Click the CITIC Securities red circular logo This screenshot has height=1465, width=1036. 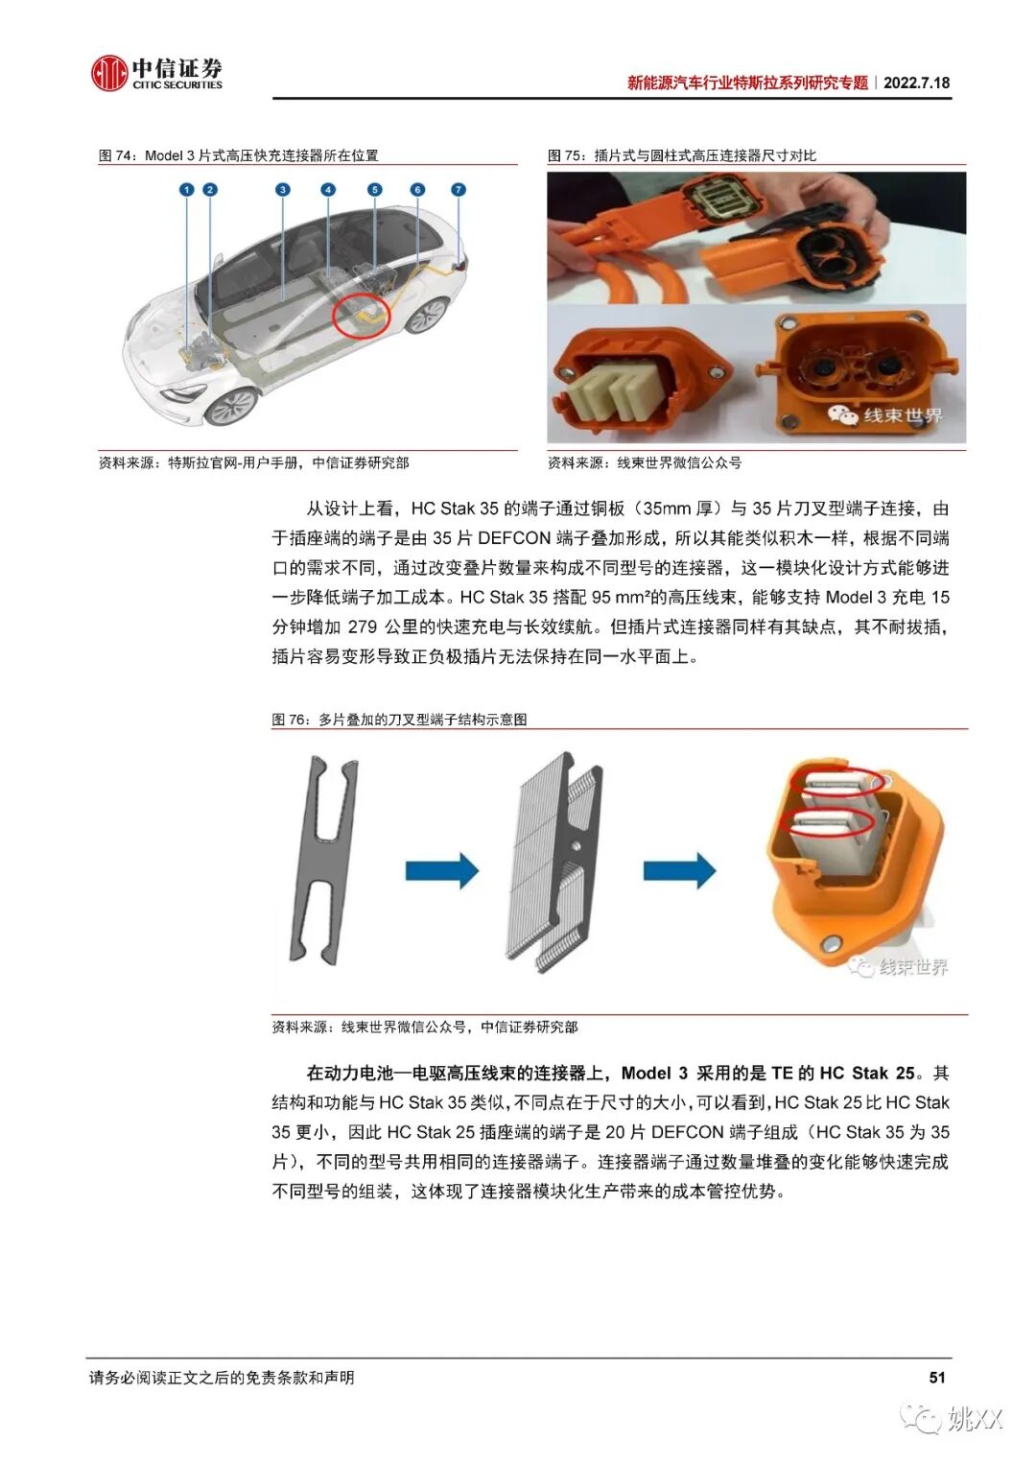tap(108, 73)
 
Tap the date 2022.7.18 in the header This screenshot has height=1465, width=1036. tap(916, 83)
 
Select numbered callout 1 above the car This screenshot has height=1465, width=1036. tap(186, 190)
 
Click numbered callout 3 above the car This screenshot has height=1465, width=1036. tap(283, 190)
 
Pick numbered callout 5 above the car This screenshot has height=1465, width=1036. tap(375, 190)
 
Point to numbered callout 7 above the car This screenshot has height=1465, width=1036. tap(459, 190)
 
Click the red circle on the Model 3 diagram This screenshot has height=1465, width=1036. tap(361, 318)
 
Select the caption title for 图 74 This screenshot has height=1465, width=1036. tap(238, 155)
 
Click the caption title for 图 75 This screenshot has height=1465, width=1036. tap(681, 155)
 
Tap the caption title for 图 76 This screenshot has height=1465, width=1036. tap(399, 720)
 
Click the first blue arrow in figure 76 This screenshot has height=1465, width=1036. tap(442, 870)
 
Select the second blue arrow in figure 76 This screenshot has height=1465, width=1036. tap(679, 870)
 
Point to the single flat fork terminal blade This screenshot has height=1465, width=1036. tap(323, 860)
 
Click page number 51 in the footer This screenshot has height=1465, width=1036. tap(937, 1378)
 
